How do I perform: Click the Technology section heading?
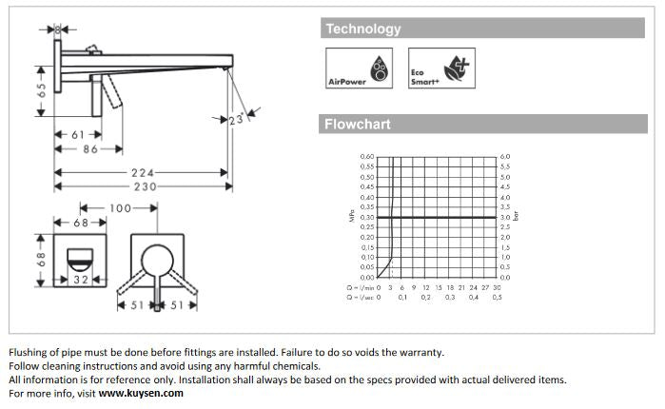point(363,29)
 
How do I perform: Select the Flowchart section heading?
point(358,125)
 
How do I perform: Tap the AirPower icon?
point(360,68)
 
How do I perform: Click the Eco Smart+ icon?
point(440,68)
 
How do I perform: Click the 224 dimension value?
point(143,173)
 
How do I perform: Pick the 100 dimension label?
point(120,208)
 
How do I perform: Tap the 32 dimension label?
point(81,281)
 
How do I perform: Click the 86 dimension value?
point(90,149)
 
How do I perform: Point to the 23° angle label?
point(238,121)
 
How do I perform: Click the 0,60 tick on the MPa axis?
point(367,157)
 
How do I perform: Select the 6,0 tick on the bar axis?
point(505,157)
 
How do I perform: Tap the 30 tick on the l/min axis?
point(497,287)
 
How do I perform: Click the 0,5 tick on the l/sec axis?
point(497,298)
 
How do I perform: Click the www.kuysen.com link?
point(141,393)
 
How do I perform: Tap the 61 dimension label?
point(81,135)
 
